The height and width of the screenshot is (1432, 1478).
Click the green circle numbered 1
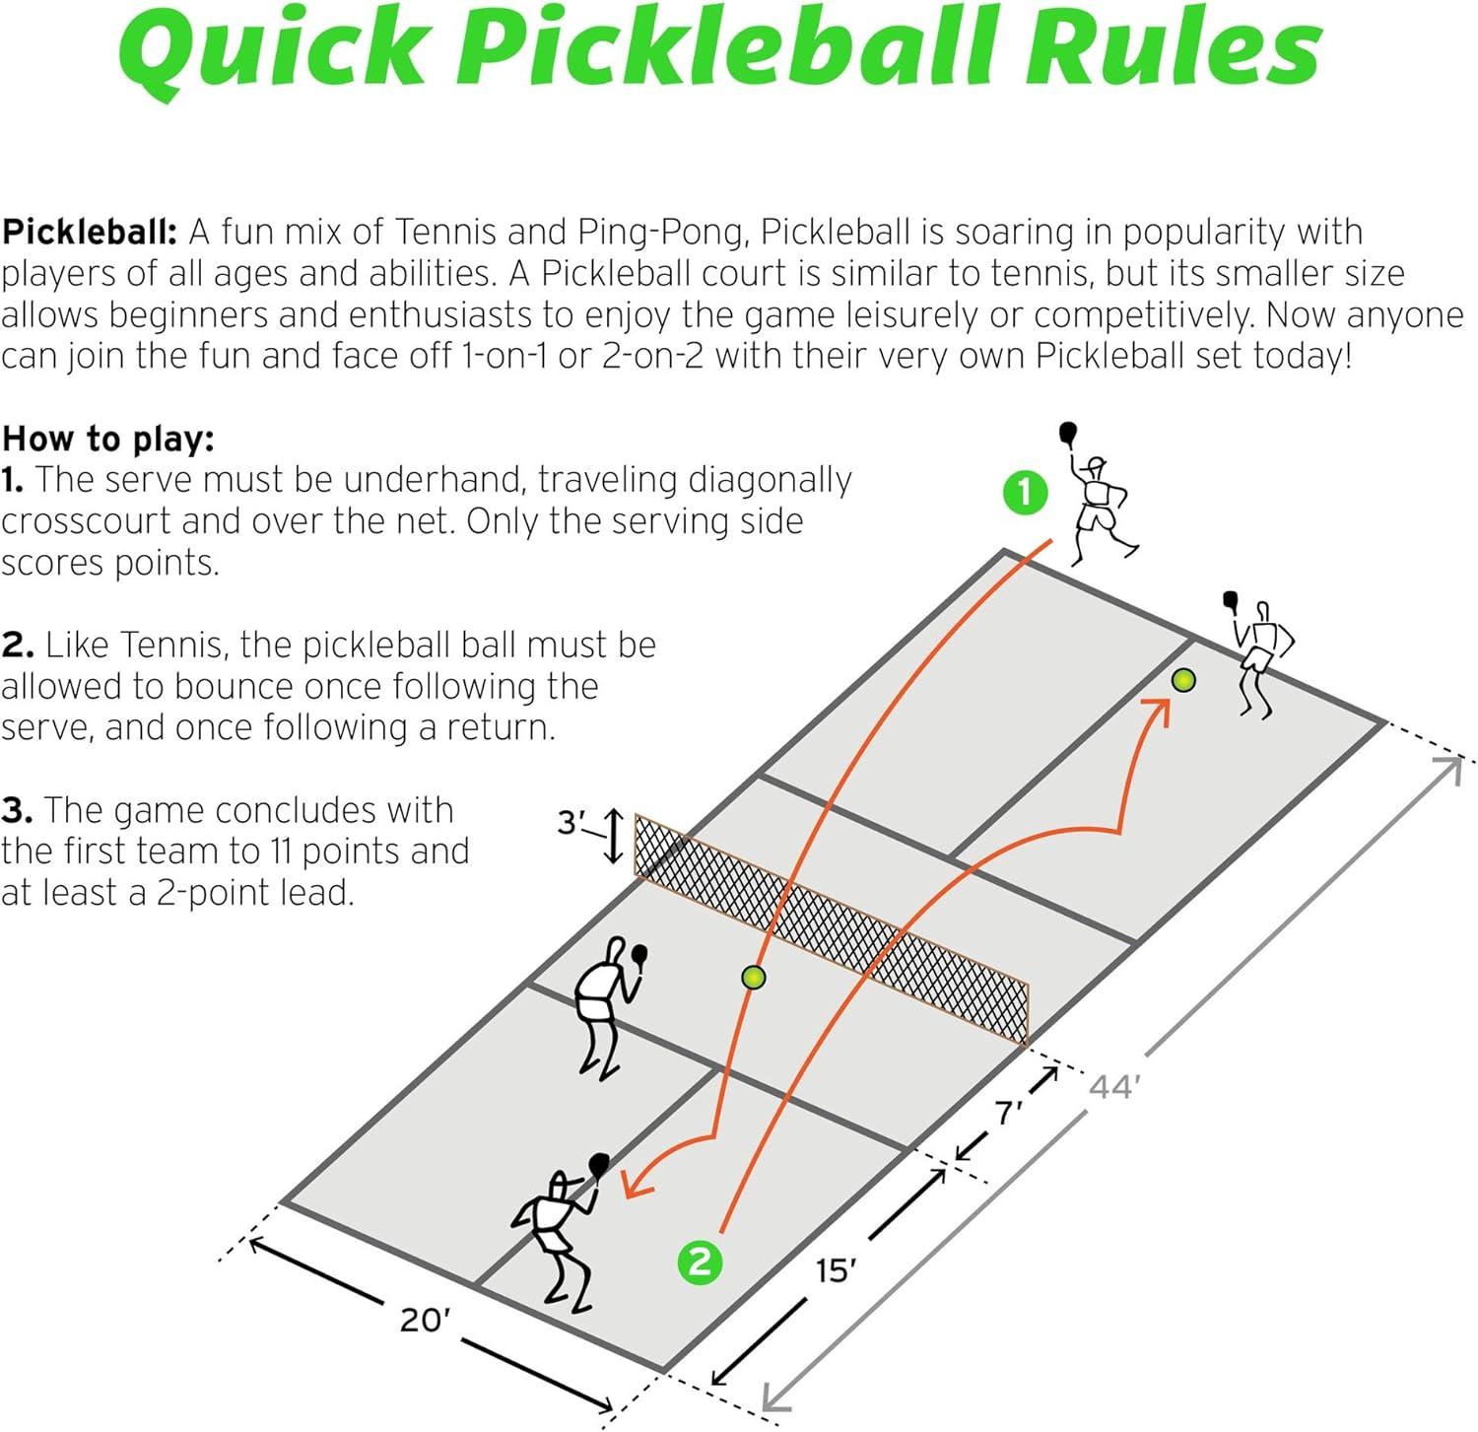1026,492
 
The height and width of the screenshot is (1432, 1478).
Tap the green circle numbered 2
701,1261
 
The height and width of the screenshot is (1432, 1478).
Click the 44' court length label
1114,1087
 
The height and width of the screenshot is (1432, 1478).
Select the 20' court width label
425,1320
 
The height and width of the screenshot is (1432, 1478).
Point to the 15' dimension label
833,1270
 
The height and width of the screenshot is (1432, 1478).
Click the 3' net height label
571,822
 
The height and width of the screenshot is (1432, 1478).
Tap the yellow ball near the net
754,977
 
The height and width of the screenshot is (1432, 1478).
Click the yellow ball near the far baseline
1183,680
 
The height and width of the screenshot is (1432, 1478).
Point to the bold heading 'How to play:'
108,438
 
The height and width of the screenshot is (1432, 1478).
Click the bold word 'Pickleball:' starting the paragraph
89,233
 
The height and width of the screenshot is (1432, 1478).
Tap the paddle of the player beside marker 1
1068,432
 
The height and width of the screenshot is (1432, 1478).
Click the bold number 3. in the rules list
18,810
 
